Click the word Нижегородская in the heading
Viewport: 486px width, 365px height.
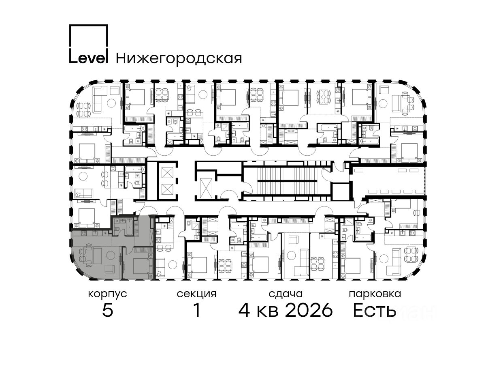(x=179, y=58)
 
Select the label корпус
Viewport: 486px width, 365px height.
(x=108, y=294)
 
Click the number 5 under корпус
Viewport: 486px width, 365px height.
(x=108, y=310)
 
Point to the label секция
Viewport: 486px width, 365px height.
(x=196, y=294)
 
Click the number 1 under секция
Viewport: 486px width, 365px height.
(x=197, y=310)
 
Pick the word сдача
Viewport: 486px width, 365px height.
(x=286, y=294)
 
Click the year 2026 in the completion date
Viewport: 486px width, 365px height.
(x=309, y=310)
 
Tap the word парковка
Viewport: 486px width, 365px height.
(x=375, y=294)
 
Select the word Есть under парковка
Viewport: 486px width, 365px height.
(x=375, y=310)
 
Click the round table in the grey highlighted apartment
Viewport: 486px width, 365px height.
(x=111, y=255)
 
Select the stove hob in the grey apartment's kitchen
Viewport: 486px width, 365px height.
(x=84, y=233)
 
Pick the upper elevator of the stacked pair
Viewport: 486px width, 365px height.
(x=167, y=173)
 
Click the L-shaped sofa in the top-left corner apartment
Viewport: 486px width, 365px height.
(x=99, y=97)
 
